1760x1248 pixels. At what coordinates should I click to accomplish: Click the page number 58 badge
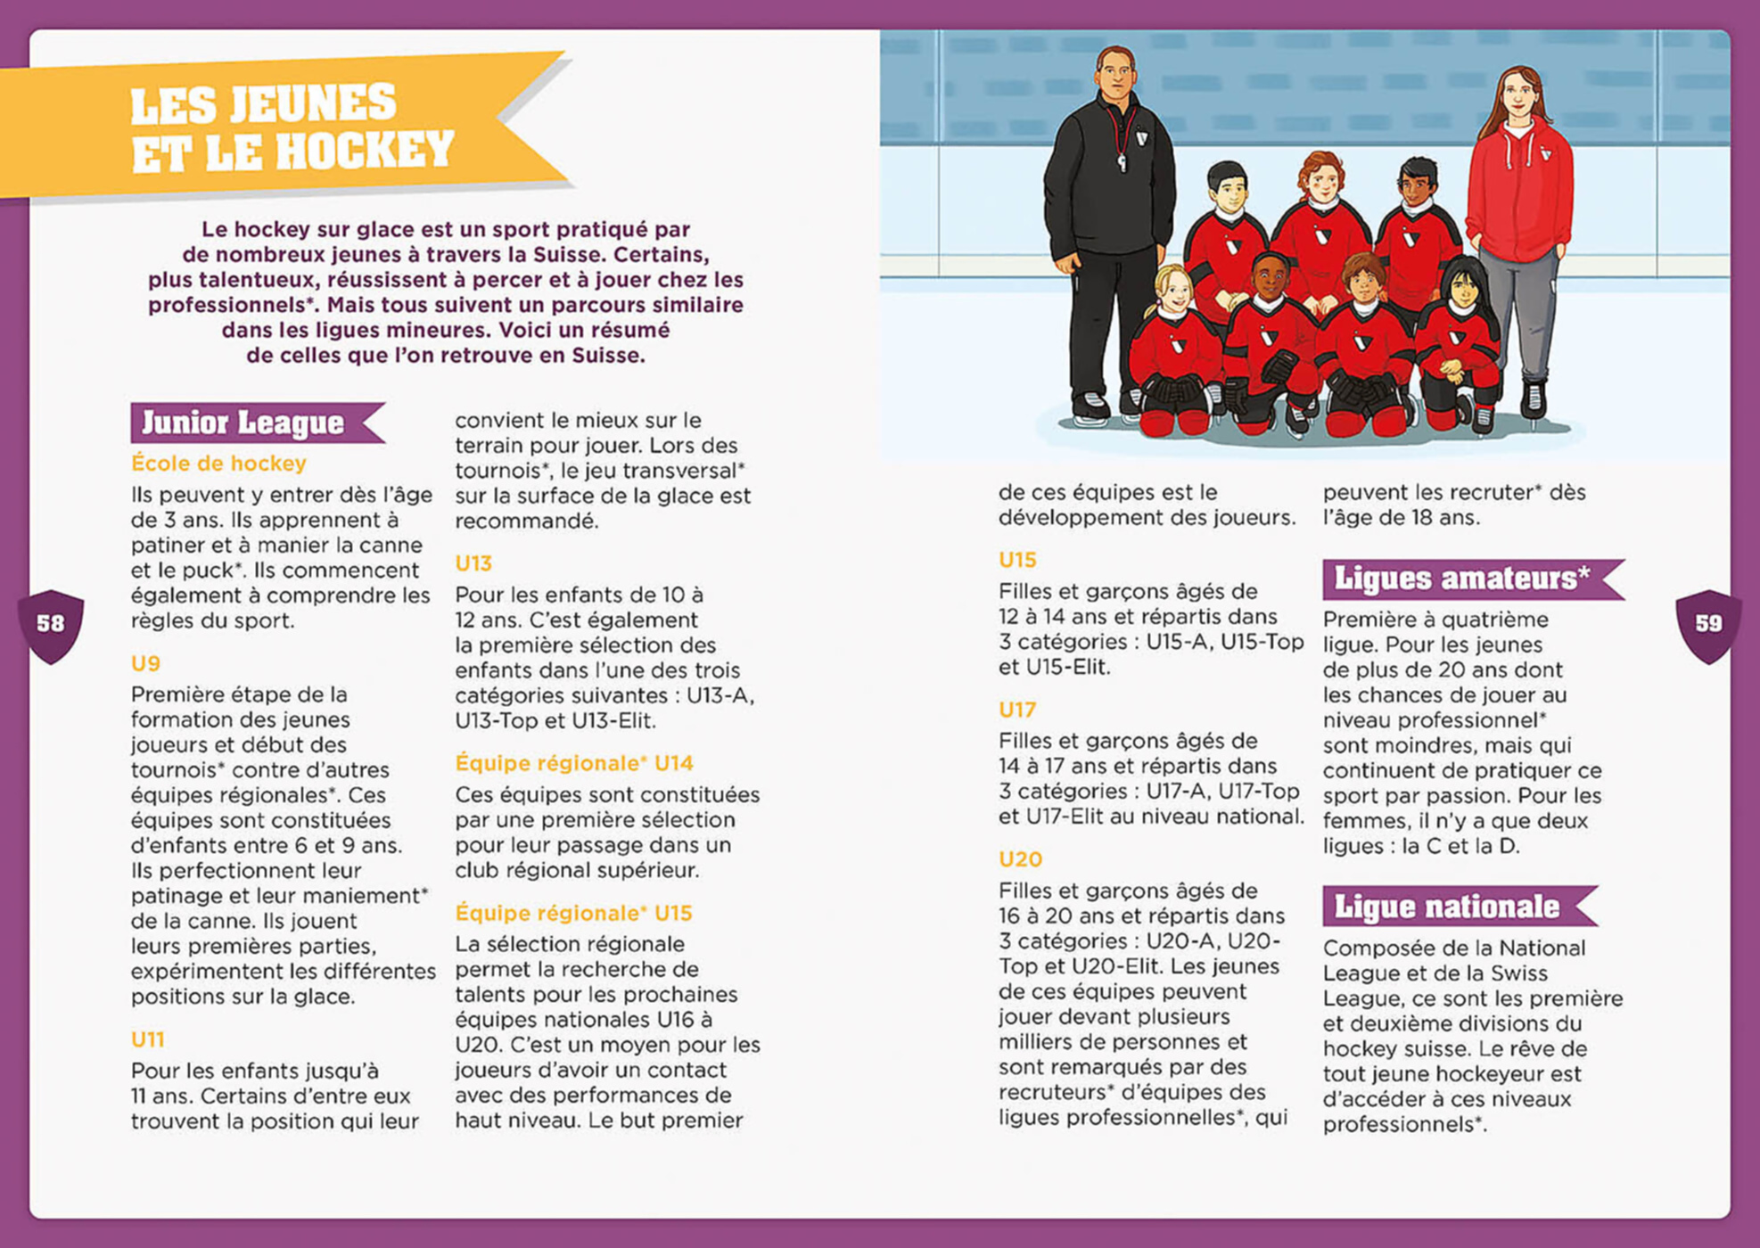click(51, 624)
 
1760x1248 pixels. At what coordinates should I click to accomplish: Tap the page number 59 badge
click(1707, 624)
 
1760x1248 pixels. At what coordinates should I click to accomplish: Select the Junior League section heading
click(243, 423)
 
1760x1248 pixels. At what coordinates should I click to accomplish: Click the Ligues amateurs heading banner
click(1461, 579)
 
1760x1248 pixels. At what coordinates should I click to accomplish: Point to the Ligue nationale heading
click(1446, 907)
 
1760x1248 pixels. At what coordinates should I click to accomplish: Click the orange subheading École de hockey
click(218, 464)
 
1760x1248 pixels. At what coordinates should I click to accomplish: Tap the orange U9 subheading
click(145, 663)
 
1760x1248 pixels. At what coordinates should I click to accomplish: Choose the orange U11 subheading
click(147, 1039)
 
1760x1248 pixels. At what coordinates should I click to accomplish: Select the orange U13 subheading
click(473, 563)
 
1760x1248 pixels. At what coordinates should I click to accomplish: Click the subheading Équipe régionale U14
click(574, 763)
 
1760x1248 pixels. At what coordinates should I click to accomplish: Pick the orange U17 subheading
click(1017, 710)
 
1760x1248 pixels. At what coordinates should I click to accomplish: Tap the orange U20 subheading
click(1020, 859)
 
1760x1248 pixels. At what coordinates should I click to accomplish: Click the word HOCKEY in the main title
click(366, 151)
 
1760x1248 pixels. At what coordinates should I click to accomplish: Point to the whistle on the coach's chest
click(1122, 163)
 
